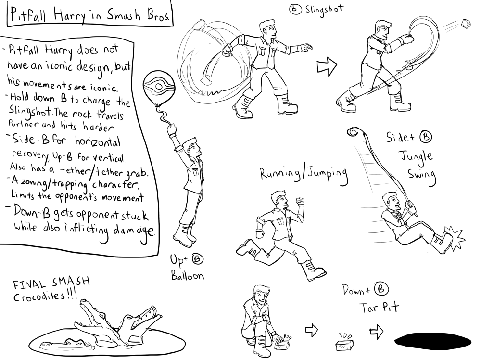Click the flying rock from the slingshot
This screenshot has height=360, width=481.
[466, 24]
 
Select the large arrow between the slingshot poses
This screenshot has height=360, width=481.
[327, 65]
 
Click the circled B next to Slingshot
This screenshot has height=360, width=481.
[294, 9]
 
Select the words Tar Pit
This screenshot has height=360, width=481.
[379, 307]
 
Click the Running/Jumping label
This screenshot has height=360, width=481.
[304, 174]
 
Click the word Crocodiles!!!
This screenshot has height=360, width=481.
[45, 296]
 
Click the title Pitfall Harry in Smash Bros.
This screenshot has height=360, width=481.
[89, 14]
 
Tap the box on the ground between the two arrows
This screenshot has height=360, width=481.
[345, 343]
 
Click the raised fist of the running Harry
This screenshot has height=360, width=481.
[299, 202]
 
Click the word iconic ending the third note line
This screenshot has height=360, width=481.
[103, 88]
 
